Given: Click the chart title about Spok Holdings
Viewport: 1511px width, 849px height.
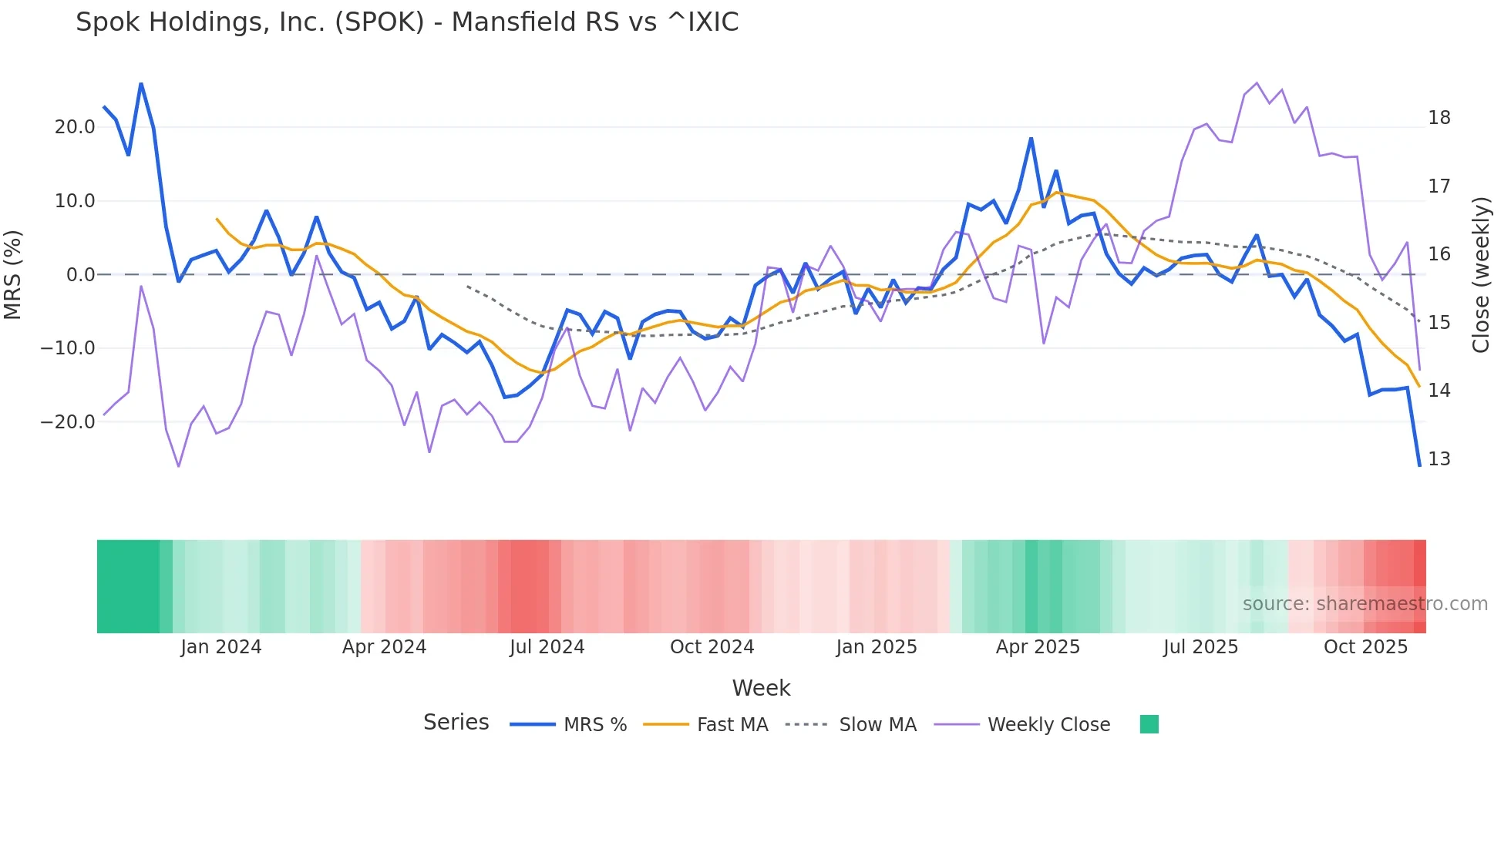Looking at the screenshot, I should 407,22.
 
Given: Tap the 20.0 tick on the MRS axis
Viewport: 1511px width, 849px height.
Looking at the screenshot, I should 75,127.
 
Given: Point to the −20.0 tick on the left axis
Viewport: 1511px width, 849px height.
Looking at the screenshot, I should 68,422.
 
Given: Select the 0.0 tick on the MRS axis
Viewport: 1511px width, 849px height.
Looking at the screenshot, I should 81,275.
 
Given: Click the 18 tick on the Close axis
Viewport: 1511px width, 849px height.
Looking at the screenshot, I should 1439,118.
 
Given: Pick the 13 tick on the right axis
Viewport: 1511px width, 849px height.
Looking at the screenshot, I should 1439,459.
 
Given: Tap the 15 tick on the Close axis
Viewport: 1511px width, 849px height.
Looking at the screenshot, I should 1439,323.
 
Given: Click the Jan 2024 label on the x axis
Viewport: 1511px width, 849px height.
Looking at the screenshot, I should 221,647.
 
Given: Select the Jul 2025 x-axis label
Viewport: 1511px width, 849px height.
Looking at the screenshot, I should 1200,647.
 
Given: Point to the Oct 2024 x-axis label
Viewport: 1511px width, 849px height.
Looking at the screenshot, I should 712,647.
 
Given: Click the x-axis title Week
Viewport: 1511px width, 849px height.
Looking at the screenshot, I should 761,688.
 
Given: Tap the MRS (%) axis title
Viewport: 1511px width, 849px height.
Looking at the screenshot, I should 13,275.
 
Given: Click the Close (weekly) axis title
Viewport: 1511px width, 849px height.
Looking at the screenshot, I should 1481,275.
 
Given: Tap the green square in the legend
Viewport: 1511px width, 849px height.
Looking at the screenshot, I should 1149,724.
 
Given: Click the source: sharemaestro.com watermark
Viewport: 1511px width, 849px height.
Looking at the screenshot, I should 1365,604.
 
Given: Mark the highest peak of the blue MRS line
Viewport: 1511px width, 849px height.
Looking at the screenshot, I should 141,83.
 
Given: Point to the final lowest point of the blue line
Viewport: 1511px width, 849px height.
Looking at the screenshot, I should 1419,465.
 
